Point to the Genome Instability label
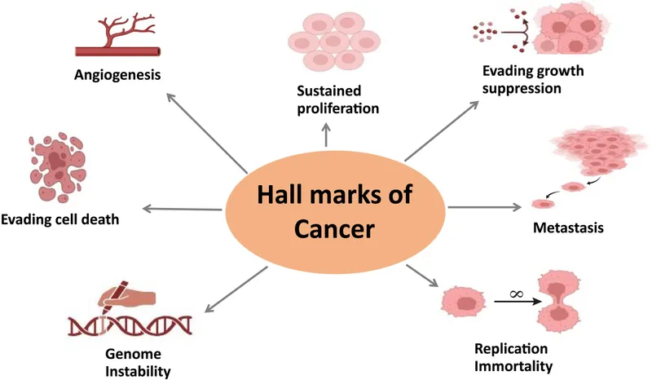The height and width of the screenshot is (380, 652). (138, 364)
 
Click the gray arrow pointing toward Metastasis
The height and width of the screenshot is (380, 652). (484, 208)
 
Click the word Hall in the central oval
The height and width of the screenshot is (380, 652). (281, 197)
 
